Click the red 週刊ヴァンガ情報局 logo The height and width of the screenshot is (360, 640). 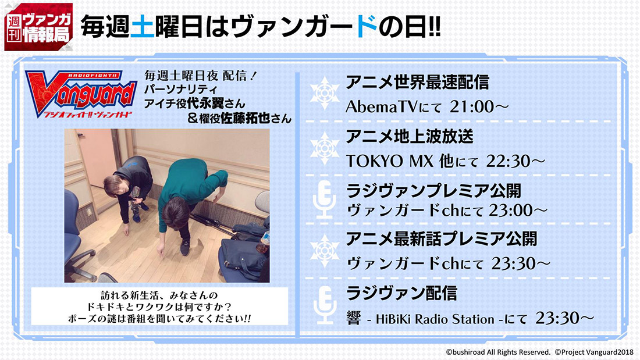pyautogui.click(x=38, y=27)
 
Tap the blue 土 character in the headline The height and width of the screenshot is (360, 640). pyautogui.click(x=142, y=27)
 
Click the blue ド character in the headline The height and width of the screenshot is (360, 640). pyautogui.click(x=366, y=27)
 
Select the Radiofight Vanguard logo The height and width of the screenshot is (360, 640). pyautogui.click(x=80, y=94)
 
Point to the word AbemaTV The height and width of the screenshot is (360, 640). pyautogui.click(x=382, y=107)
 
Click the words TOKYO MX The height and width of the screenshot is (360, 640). pyautogui.click(x=389, y=161)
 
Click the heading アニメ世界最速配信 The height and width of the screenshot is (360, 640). pyautogui.click(x=417, y=82)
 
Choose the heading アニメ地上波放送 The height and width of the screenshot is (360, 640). pyautogui.click(x=410, y=136)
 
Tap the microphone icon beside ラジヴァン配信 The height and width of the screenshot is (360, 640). pyautogui.click(x=325, y=305)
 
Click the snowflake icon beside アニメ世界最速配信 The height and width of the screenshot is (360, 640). pyautogui.click(x=325, y=93)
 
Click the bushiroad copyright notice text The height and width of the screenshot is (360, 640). pyautogui.click(x=498, y=352)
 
